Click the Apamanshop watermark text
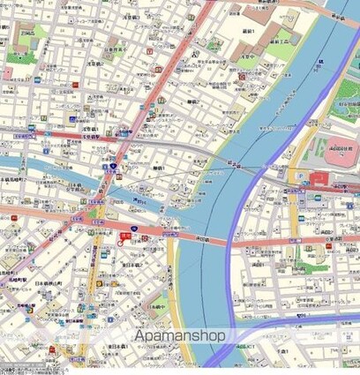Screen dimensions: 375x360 tap(179, 336)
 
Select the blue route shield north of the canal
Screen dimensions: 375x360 tap(114, 166)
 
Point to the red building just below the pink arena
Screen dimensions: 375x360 tap(317, 179)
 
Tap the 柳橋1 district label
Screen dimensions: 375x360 tap(160, 167)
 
